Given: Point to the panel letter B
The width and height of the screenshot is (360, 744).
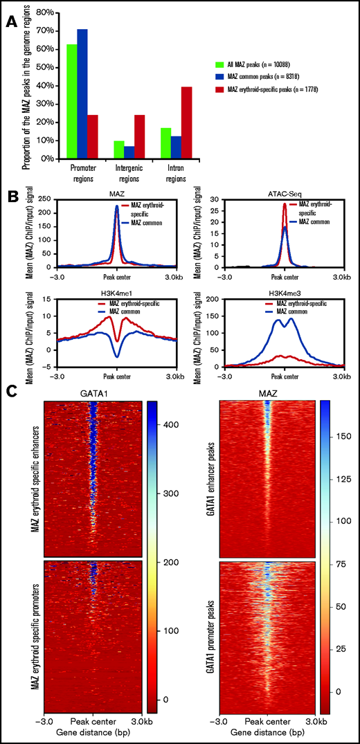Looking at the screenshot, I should (x=10, y=195).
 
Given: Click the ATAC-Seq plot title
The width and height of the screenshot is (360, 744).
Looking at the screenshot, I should (x=284, y=194).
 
